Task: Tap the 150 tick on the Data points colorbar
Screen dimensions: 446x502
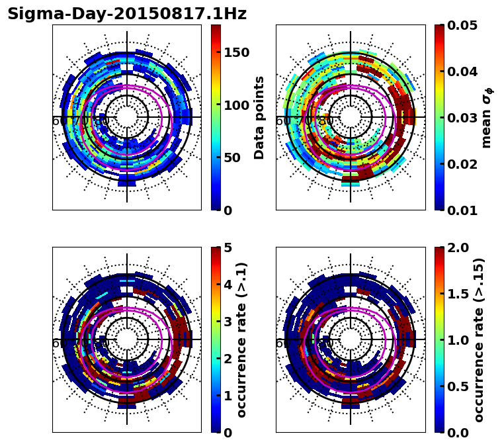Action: click(x=237, y=53)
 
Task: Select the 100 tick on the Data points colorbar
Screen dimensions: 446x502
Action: click(x=237, y=105)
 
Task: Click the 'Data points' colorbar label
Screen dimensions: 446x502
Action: click(x=259, y=117)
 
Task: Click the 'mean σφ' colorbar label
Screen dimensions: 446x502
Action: click(x=486, y=118)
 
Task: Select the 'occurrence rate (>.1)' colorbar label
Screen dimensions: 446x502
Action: click(x=242, y=340)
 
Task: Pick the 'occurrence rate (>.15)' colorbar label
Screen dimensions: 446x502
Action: click(x=479, y=340)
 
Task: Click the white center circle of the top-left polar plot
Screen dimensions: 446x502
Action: click(x=127, y=117)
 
